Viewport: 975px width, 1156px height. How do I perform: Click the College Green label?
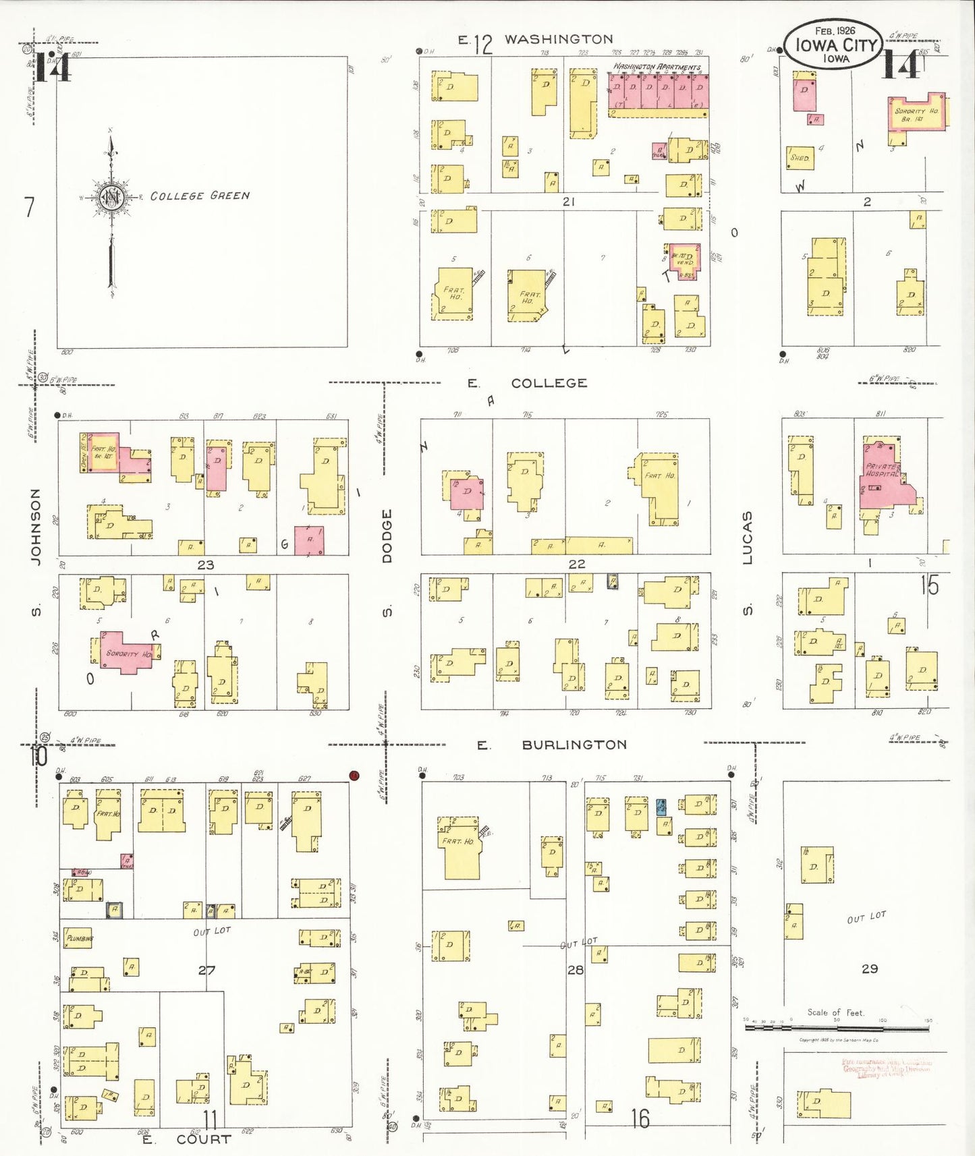click(x=200, y=196)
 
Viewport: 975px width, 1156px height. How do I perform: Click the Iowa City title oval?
click(x=835, y=45)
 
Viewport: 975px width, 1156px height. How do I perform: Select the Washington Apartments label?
click(x=656, y=67)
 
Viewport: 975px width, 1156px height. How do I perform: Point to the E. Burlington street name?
click(x=574, y=745)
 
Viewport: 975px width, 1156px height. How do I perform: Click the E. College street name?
click(x=548, y=383)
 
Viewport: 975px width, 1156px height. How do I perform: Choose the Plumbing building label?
click(x=79, y=938)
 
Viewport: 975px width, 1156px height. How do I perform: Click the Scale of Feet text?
click(x=835, y=1012)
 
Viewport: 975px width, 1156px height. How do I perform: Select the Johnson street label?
click(x=36, y=526)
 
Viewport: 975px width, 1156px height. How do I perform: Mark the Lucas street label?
click(x=747, y=538)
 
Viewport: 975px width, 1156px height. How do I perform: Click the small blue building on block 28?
click(x=661, y=807)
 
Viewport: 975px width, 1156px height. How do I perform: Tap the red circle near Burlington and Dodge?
click(x=354, y=776)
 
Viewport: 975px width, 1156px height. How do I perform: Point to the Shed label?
click(x=800, y=158)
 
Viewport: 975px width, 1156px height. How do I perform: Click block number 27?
click(x=206, y=970)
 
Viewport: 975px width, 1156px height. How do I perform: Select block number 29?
click(x=870, y=969)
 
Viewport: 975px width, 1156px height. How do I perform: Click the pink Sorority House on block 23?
click(x=126, y=652)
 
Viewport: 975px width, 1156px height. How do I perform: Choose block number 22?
click(x=576, y=564)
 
